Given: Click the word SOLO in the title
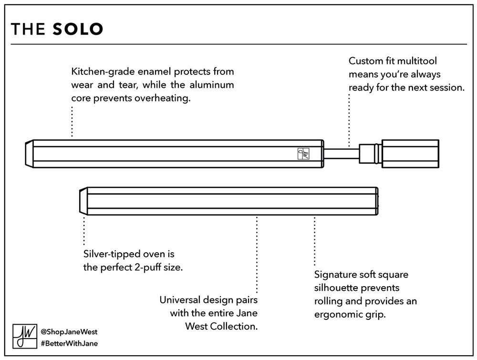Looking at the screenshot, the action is click(x=78, y=29).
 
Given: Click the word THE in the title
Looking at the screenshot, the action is click(x=28, y=29).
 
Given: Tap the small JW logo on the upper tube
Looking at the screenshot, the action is click(x=303, y=154).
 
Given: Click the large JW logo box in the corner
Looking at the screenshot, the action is click(x=25, y=336).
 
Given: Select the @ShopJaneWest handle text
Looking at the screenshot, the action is click(x=69, y=332).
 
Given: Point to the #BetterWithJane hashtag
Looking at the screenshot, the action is click(x=69, y=344).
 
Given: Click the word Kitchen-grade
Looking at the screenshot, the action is click(x=103, y=72).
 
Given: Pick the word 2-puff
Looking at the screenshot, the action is click(x=145, y=267).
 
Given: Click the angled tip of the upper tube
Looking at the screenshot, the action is click(x=29, y=154).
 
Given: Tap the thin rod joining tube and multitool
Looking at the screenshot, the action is click(x=342, y=154).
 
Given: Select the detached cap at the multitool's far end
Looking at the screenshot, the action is click(x=410, y=154).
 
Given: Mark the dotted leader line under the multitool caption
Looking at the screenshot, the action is click(x=349, y=121).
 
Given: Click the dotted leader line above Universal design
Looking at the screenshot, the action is click(x=257, y=255).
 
